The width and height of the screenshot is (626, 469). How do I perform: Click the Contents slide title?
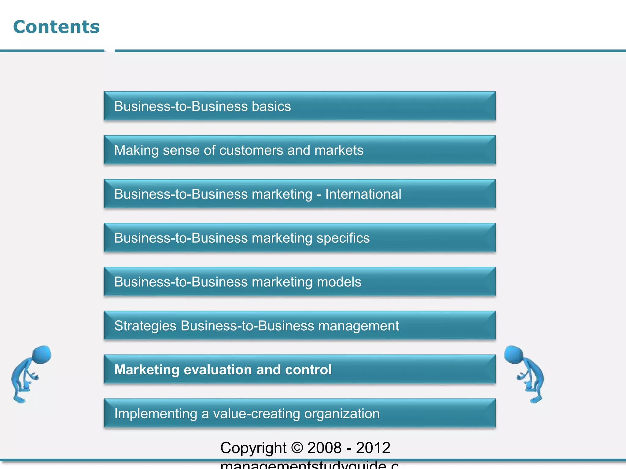(57, 27)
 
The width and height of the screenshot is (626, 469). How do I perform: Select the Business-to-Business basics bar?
(300, 106)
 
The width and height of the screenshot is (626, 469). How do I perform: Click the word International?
(363, 194)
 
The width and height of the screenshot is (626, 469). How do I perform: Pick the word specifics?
(343, 238)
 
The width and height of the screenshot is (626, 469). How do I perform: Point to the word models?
(339, 282)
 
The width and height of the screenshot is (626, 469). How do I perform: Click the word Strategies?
(145, 326)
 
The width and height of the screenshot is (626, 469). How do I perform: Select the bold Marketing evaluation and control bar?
(300, 369)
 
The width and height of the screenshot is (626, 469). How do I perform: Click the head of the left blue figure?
(42, 354)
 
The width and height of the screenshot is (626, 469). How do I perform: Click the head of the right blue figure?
(514, 354)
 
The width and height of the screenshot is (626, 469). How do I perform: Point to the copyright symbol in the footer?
(297, 448)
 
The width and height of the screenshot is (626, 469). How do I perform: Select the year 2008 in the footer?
(324, 448)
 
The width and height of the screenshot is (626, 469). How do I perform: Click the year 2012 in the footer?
(373, 448)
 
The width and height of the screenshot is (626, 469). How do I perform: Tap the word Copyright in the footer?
(253, 448)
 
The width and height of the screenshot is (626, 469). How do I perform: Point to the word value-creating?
(256, 414)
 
